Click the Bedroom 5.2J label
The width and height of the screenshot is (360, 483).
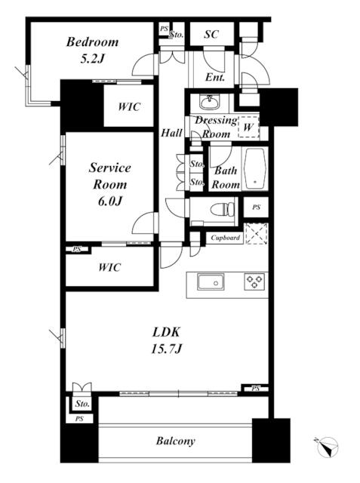tap(92, 50)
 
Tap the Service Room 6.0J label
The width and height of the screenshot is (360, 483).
tap(110, 184)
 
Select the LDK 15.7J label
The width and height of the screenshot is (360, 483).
tap(167, 340)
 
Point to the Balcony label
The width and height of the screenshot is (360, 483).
tap(176, 441)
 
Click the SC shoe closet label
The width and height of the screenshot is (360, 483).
tap(211, 34)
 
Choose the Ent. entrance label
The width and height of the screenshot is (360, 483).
tap(215, 77)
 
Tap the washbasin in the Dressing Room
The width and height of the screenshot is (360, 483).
tap(209, 102)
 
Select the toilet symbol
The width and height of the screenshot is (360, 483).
tap(223, 209)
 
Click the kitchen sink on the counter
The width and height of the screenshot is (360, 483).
tap(211, 281)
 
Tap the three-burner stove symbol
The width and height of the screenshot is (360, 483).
tap(254, 281)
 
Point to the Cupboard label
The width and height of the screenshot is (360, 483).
tap(226, 238)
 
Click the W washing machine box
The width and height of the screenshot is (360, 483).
tap(248, 127)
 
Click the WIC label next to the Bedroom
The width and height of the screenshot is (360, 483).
tap(129, 106)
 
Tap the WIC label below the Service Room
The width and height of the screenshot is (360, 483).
tap(109, 267)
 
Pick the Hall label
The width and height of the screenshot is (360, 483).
tap(171, 133)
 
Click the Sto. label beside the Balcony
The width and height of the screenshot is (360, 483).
tap(82, 403)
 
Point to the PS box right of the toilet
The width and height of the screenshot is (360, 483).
tap(256, 208)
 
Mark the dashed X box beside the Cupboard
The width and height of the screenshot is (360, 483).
tap(256, 234)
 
